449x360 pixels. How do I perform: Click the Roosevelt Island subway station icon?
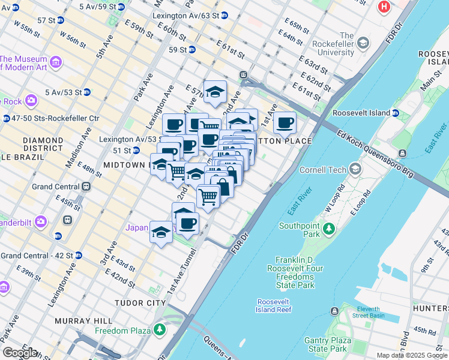tap(396, 113)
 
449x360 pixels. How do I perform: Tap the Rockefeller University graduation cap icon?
tap(363, 43)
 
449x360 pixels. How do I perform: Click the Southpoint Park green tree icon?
tap(328, 229)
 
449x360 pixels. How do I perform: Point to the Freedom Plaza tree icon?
tap(160, 329)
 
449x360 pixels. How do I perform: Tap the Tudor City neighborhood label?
tap(141, 303)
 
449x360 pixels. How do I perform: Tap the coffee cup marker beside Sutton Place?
tap(285, 123)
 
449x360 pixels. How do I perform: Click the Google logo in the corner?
tap(19, 353)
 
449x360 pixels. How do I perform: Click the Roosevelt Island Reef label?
tap(274, 305)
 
